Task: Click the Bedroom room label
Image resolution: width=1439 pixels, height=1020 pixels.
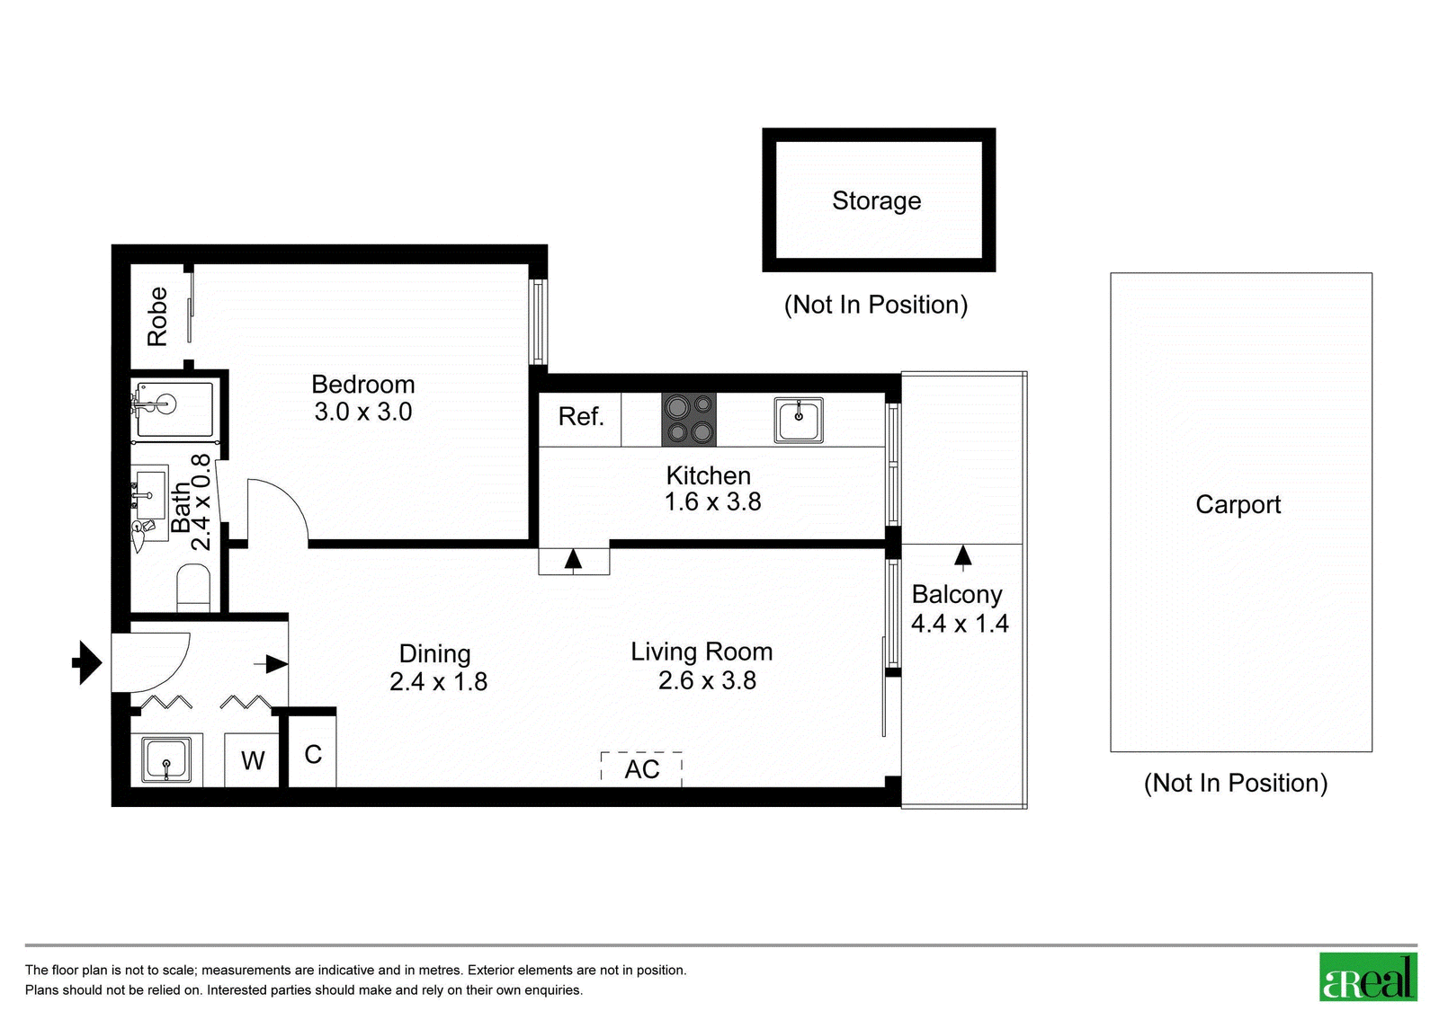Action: (x=363, y=385)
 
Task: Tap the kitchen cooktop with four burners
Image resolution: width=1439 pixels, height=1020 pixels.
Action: (x=689, y=420)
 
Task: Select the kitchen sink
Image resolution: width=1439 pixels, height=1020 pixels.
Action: (x=799, y=421)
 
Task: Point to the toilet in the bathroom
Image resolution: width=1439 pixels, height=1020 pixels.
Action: (x=193, y=588)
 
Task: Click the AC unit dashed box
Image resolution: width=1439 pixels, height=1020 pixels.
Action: (x=641, y=769)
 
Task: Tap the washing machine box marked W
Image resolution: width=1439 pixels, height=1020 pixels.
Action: (x=252, y=760)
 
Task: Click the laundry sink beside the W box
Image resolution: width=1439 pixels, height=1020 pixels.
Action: (x=166, y=760)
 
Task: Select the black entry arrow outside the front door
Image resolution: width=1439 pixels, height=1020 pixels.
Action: (x=87, y=662)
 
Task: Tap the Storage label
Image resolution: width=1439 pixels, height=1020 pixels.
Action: (x=876, y=201)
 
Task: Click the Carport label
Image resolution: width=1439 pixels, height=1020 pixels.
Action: (x=1238, y=504)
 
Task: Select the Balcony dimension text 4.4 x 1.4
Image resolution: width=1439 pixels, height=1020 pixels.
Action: (x=960, y=624)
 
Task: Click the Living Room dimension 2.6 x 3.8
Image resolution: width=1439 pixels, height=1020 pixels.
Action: (x=707, y=680)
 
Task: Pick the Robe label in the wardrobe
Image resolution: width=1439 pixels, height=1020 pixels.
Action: (x=157, y=316)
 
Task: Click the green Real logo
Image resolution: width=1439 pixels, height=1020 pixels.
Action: (x=1368, y=977)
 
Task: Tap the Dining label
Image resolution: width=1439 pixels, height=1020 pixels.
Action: (x=435, y=654)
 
